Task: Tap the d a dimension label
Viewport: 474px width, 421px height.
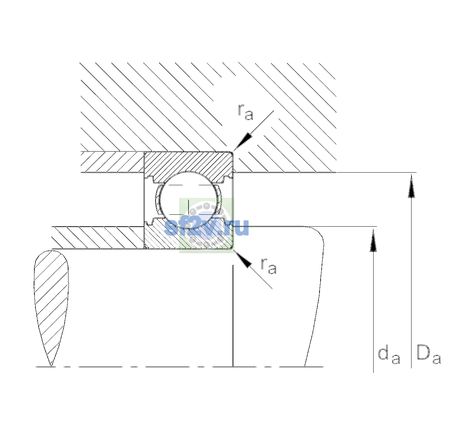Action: pos(389,355)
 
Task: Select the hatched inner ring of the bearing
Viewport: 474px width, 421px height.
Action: pos(188,236)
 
